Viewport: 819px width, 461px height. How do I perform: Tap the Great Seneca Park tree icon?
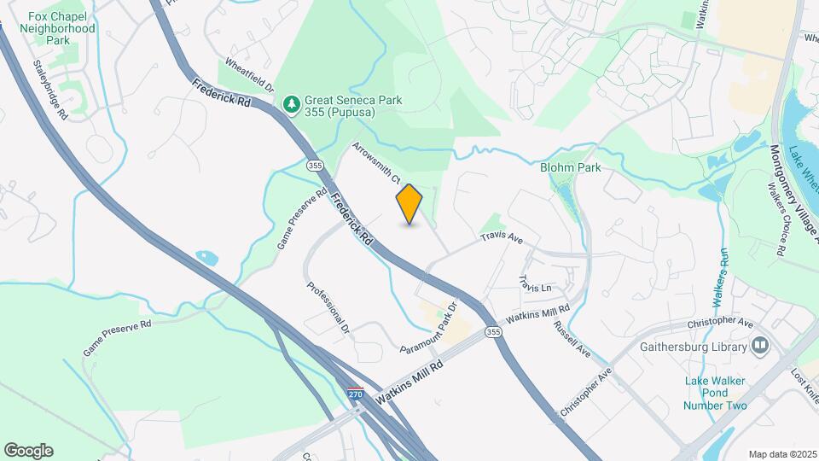293,103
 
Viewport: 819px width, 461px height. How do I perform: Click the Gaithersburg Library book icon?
759,346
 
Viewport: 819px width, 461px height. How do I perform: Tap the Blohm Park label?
570,167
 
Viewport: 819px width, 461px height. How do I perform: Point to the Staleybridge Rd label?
49,89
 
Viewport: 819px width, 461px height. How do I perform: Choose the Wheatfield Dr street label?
249,75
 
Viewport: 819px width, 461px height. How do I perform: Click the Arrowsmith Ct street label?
376,162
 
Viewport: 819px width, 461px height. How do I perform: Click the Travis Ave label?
502,239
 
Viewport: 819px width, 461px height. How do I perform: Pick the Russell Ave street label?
572,340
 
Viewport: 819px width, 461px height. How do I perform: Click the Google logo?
28,451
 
